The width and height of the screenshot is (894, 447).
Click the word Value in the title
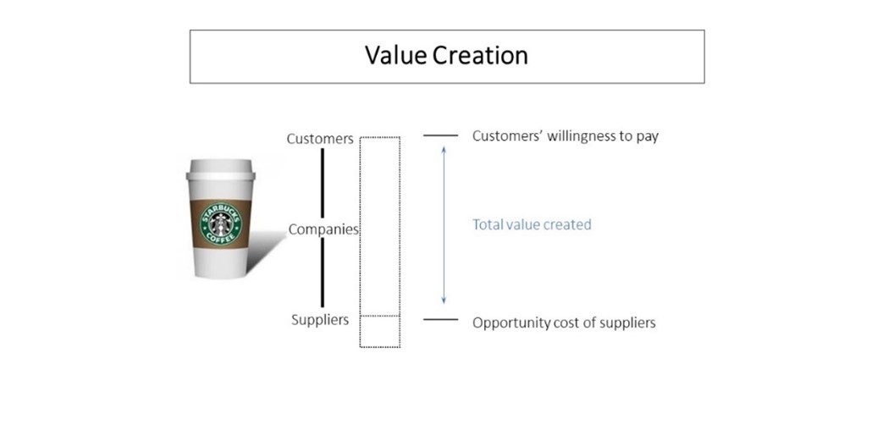[x=395, y=56]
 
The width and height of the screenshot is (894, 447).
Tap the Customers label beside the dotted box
[x=319, y=139]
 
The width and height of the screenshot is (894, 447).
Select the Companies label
[x=323, y=229]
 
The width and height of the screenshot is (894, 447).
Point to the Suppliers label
[x=319, y=320]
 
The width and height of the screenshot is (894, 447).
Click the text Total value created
[x=531, y=224]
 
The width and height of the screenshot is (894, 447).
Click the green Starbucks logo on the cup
[x=220, y=223]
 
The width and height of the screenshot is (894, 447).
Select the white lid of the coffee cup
[x=220, y=169]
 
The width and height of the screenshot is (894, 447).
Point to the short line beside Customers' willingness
[x=440, y=135]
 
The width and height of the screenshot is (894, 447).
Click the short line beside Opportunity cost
[x=440, y=320]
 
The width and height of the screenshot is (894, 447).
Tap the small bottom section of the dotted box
[x=379, y=331]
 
